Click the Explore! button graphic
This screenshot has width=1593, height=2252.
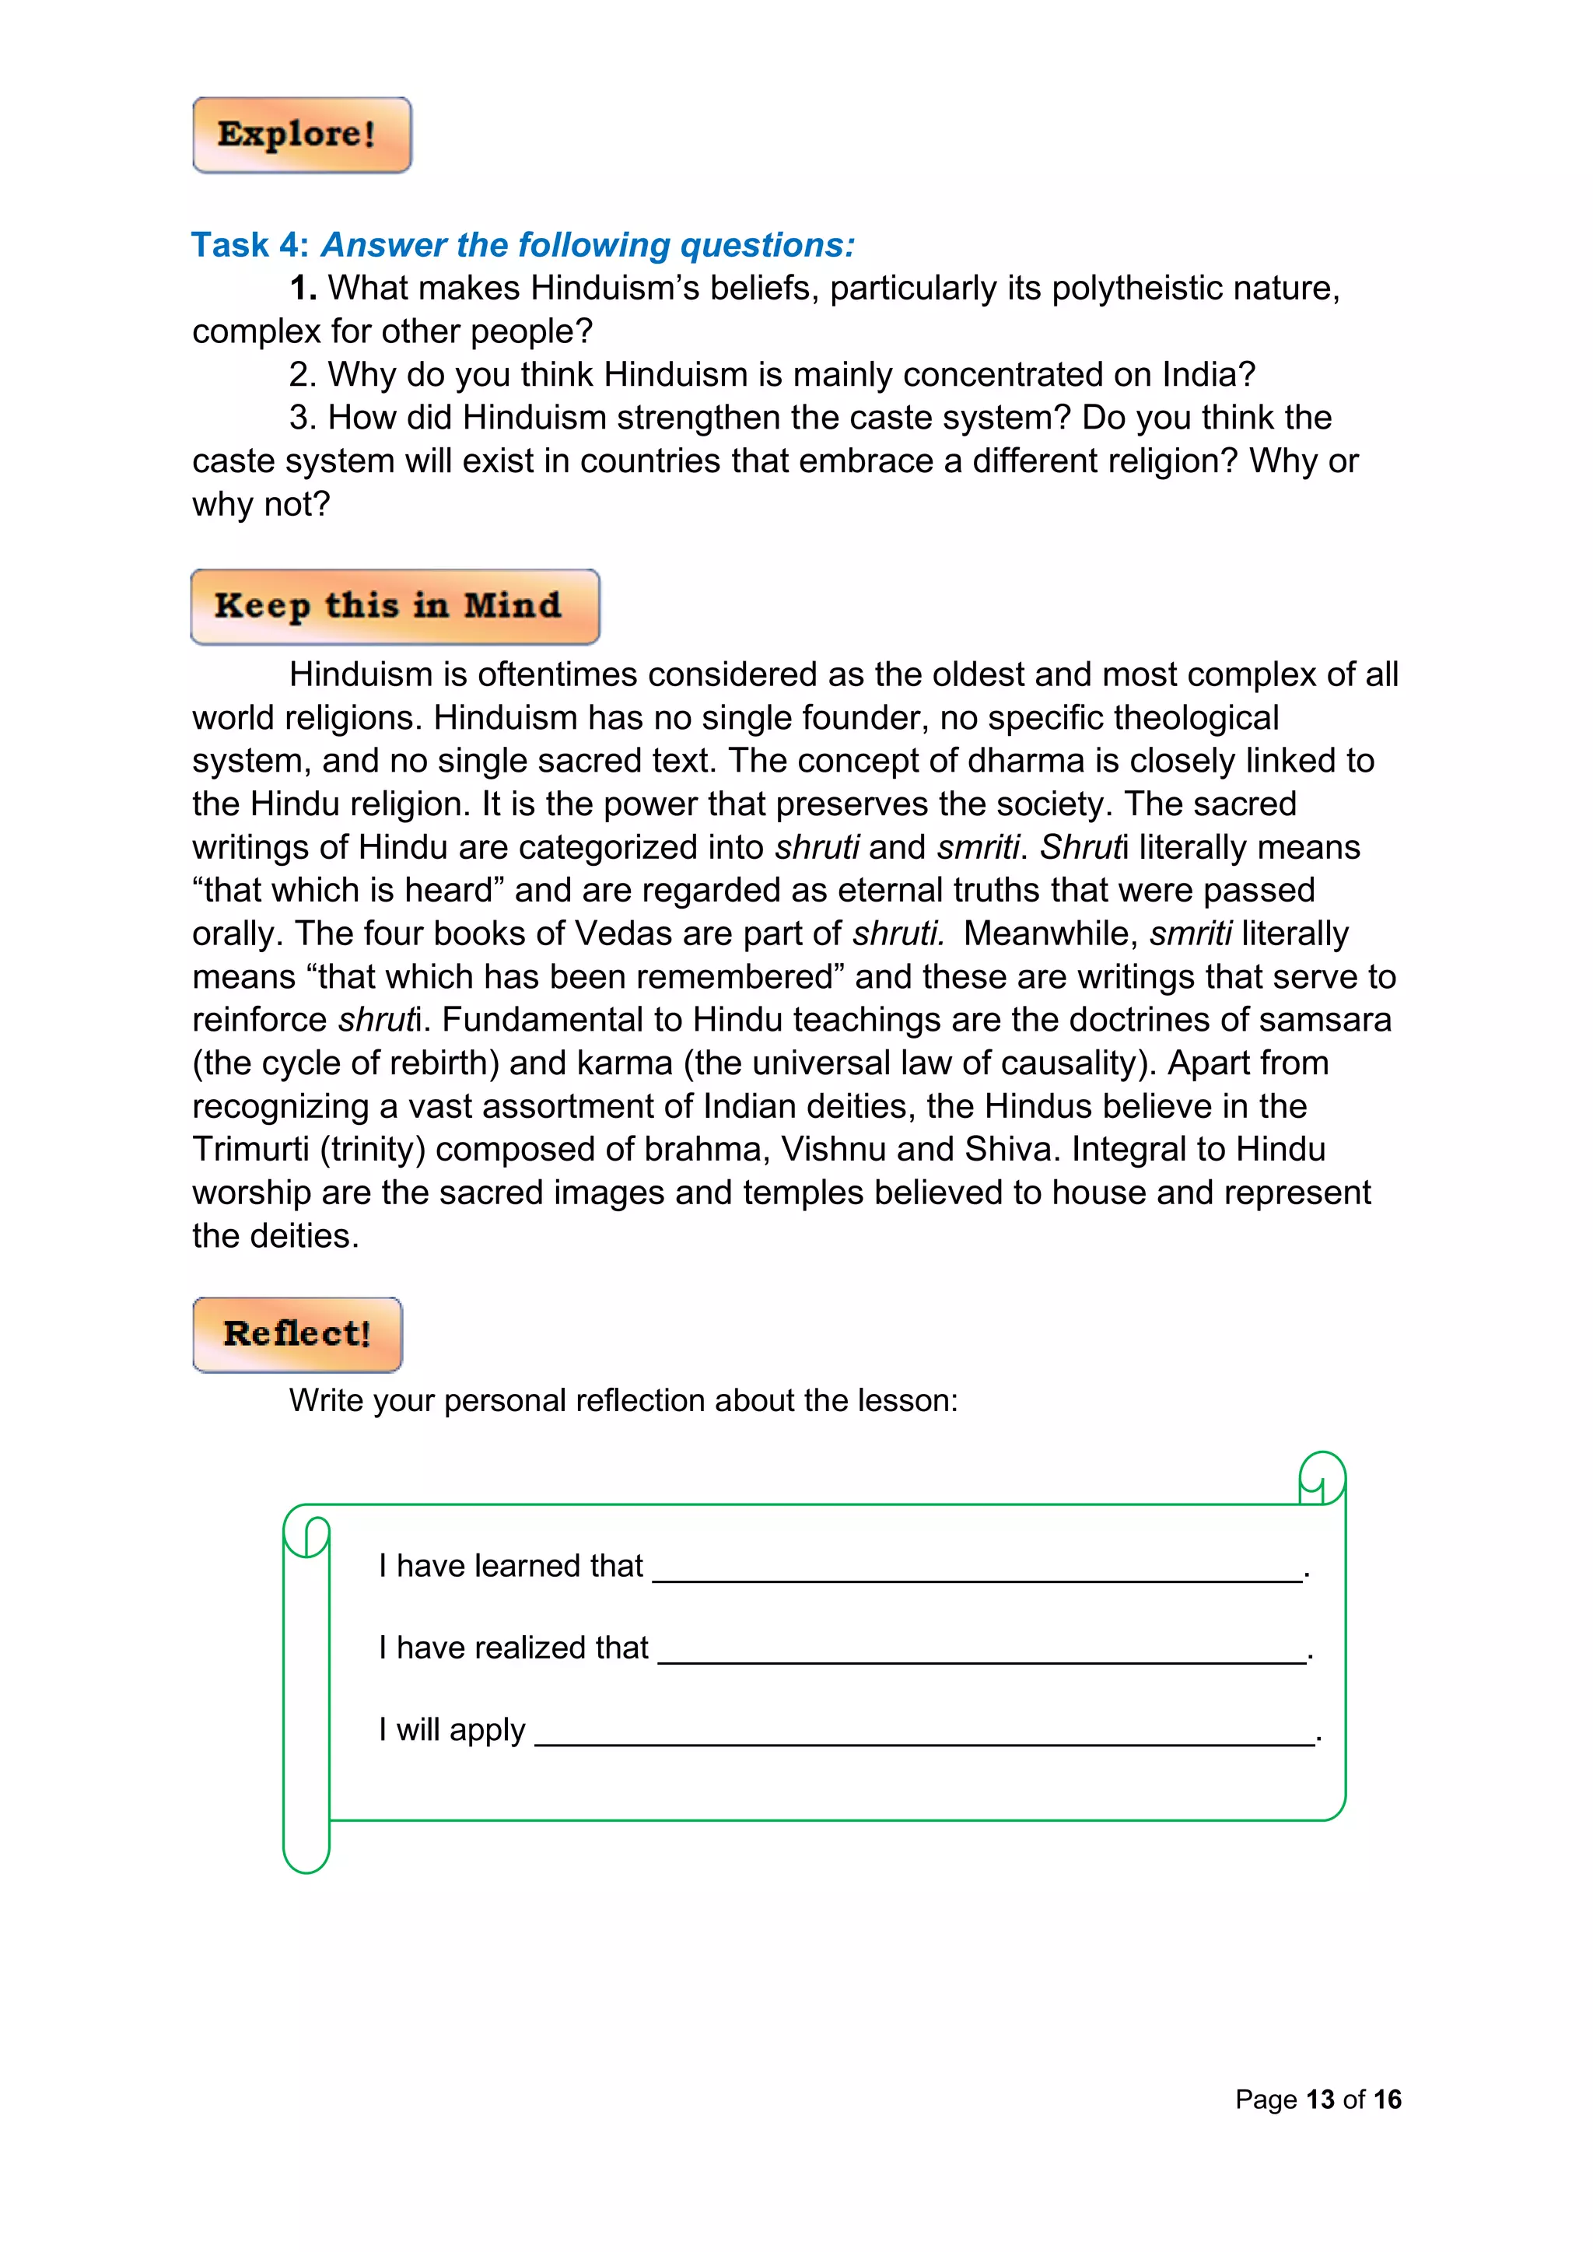(301, 135)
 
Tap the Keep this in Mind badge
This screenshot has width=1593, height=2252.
(394, 606)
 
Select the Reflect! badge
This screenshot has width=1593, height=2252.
(297, 1334)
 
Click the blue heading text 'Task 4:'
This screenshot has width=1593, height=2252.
(250, 245)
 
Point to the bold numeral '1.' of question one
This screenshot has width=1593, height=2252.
(302, 289)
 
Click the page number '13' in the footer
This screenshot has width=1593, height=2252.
(1319, 2100)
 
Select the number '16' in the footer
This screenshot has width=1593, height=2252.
(1387, 2100)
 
